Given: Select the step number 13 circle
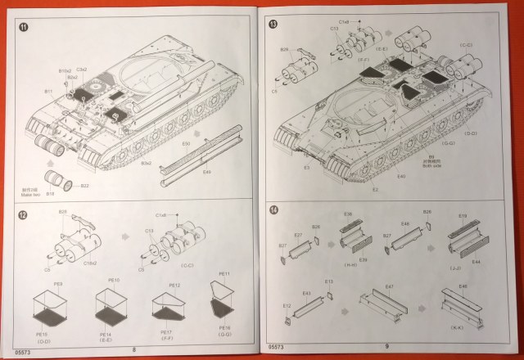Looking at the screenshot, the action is [273, 25].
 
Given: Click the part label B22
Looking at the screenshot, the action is [84, 186].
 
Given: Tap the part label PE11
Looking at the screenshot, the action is [224, 274].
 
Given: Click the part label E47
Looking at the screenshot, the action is [390, 286].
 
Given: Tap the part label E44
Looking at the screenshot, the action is [476, 260].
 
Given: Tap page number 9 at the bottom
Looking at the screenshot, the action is [386, 346].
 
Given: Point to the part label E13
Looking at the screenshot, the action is [328, 281].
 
